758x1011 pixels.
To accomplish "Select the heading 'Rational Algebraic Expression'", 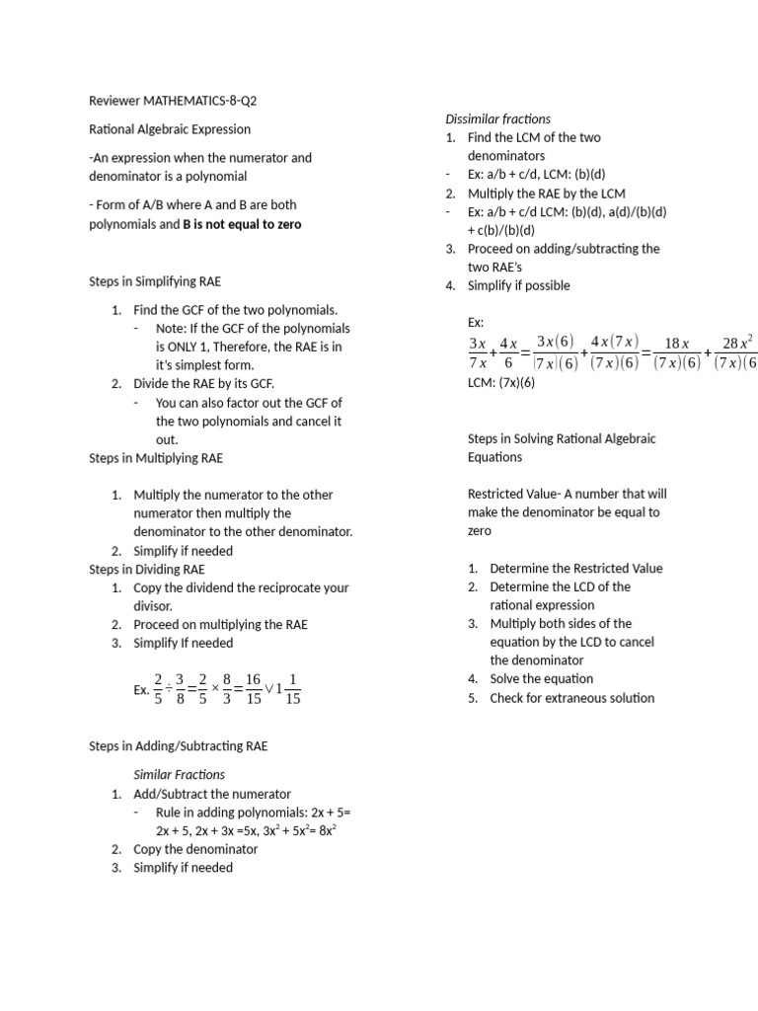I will coord(170,129).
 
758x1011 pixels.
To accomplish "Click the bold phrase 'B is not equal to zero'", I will coord(243,224).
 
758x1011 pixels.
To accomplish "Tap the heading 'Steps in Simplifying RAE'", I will coord(156,281).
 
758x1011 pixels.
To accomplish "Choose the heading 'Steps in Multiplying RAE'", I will coord(156,458).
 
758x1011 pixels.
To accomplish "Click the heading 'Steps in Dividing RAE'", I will coord(147,570).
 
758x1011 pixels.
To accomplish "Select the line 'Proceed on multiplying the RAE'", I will coord(221,624).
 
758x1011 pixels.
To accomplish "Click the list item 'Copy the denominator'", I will coord(195,849).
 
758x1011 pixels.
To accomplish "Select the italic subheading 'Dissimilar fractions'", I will coord(498,118).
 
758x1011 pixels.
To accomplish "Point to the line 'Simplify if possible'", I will coord(519,285).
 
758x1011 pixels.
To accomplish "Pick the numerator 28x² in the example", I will coord(737,343).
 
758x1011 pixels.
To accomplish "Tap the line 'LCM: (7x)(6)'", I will coord(500,382).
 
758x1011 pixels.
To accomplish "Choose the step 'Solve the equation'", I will coord(542,679).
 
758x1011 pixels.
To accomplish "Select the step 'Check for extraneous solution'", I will coord(571,698).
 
